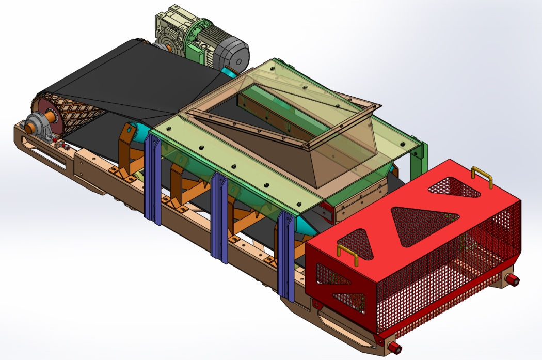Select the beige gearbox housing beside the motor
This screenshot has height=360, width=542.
coord(170,32)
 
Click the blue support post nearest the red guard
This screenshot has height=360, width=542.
coord(285,256)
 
